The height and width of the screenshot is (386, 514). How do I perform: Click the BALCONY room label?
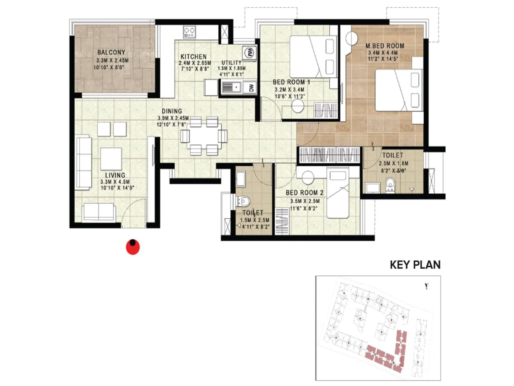click(111, 52)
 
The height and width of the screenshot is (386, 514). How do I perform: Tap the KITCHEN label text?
click(193, 56)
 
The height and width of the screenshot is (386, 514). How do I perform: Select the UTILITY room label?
click(231, 62)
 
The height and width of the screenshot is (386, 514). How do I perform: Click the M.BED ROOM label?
click(385, 46)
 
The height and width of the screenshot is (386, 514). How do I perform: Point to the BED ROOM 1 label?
click(291, 82)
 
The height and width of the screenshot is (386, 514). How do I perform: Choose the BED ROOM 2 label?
click(305, 193)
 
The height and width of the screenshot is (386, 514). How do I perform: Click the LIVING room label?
click(115, 175)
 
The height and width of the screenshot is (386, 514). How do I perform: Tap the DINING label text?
click(172, 111)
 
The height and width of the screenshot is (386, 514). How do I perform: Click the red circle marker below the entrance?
click(133, 247)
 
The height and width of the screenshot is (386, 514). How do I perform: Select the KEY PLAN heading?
click(415, 265)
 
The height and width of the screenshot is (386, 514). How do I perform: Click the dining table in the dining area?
click(204, 136)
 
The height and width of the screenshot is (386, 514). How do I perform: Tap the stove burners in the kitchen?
click(190, 32)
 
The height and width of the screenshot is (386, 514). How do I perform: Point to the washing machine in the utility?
click(249, 52)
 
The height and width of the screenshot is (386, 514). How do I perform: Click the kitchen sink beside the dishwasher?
click(232, 87)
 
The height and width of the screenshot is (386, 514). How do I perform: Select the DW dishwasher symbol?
click(251, 87)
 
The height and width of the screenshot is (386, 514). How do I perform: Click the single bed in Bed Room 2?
click(338, 194)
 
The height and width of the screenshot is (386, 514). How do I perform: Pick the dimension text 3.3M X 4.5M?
click(115, 182)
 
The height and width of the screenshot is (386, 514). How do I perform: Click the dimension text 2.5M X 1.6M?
click(393, 163)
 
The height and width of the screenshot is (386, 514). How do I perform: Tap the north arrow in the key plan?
click(426, 286)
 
